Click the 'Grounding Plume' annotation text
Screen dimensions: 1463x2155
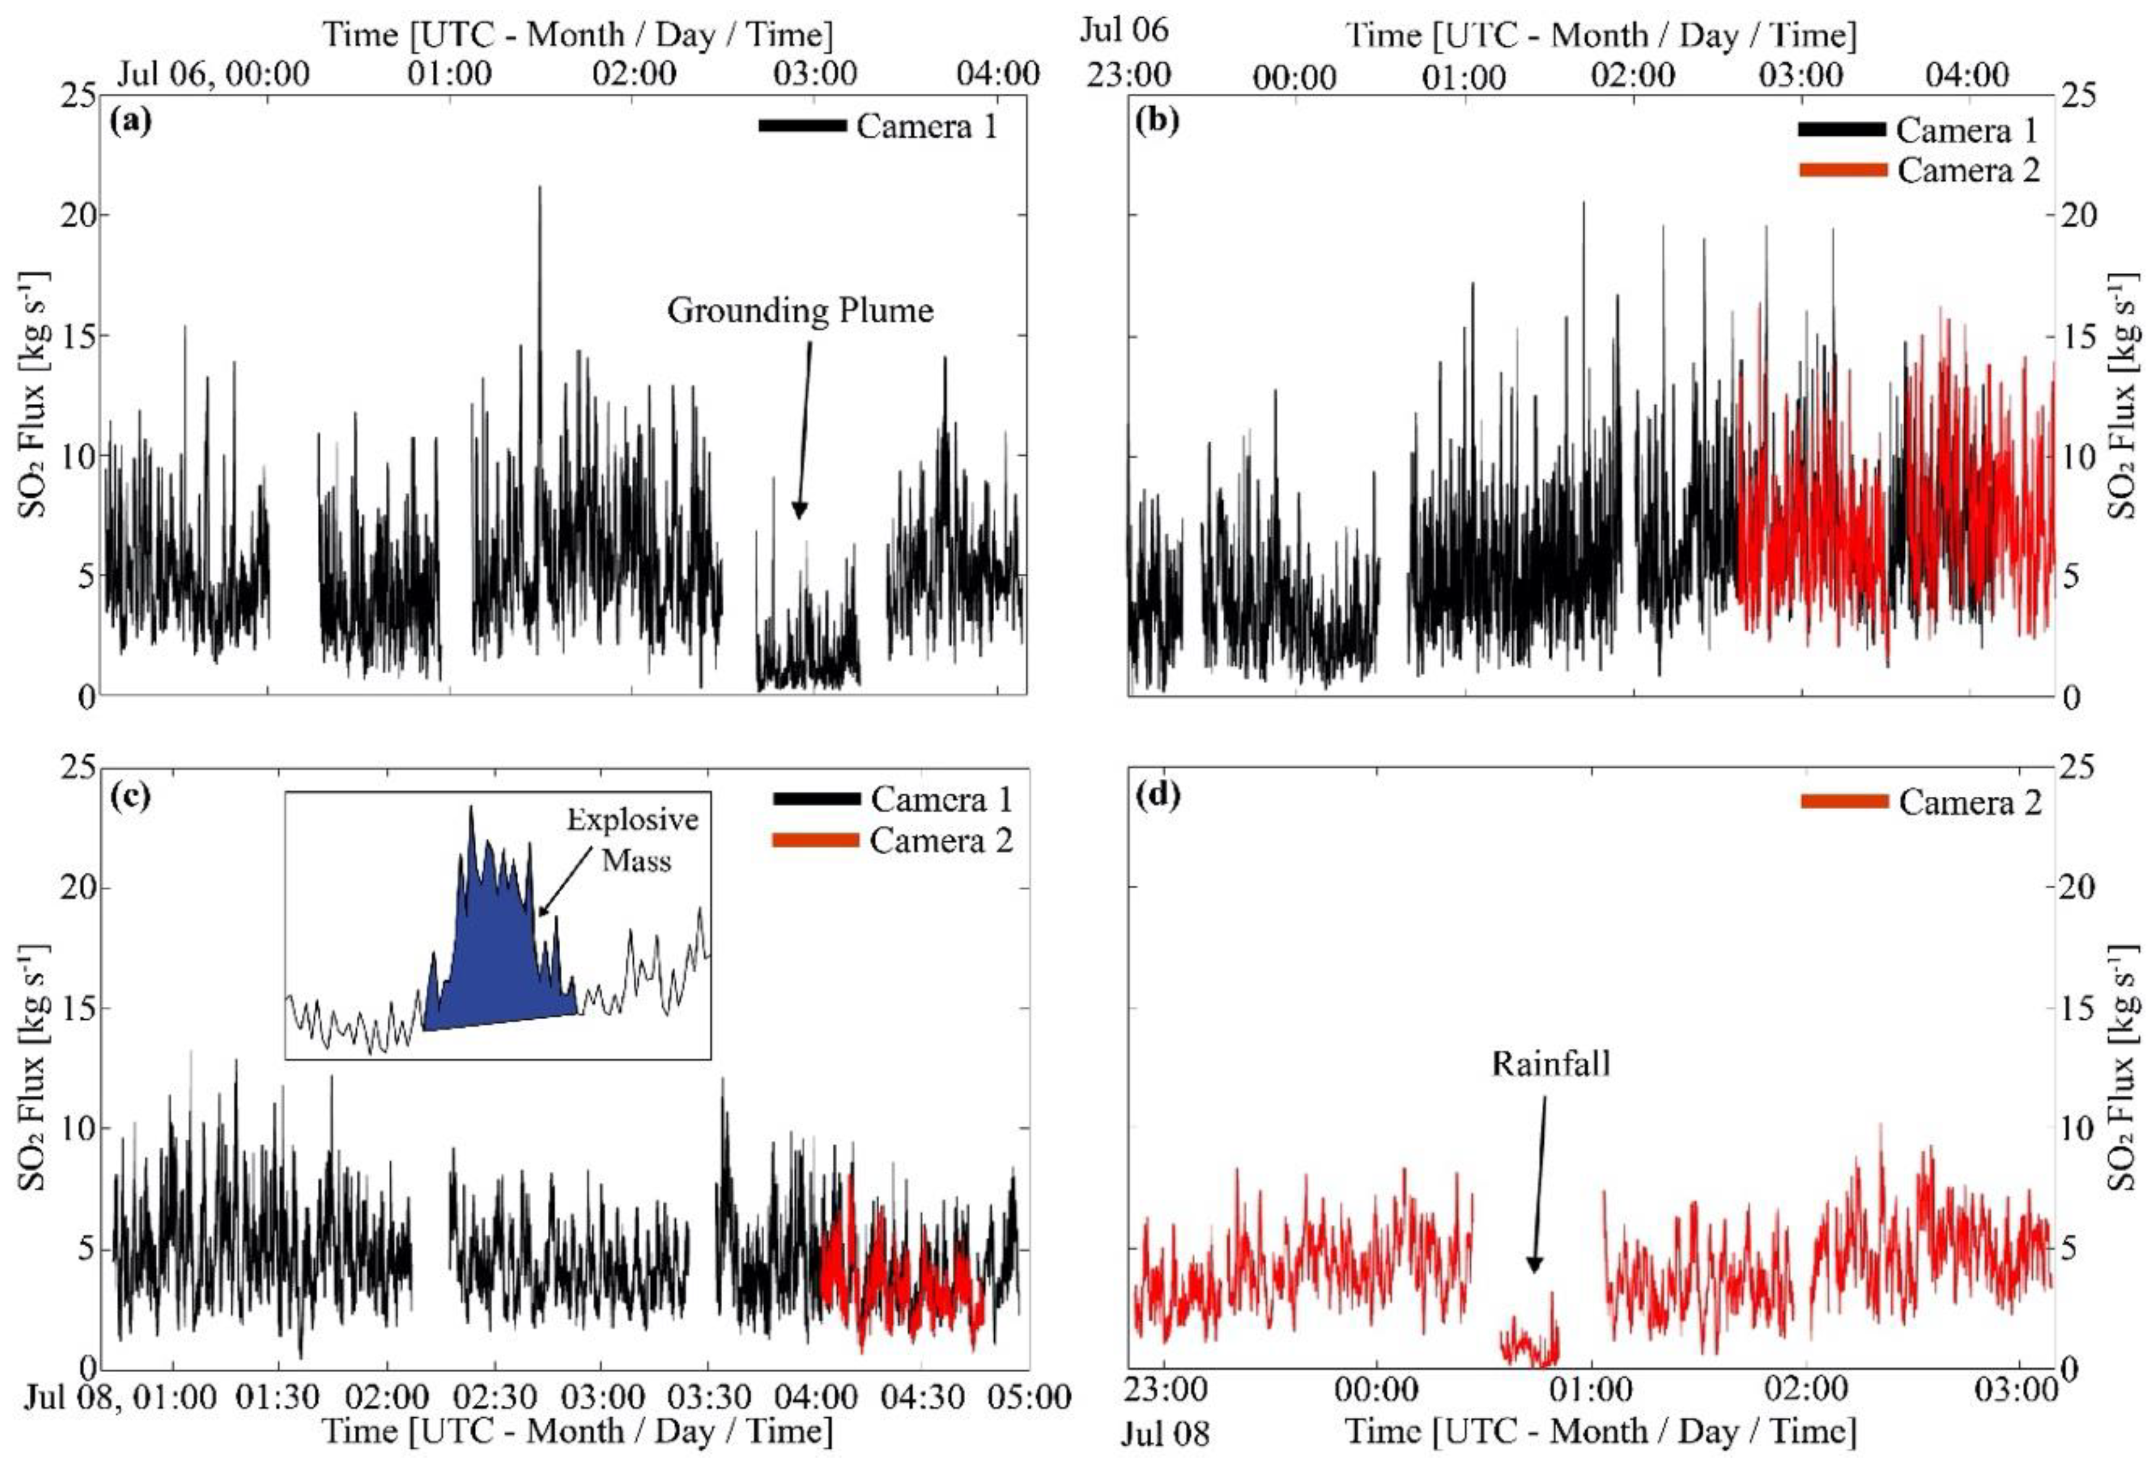coord(799,311)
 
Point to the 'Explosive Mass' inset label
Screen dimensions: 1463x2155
coord(633,839)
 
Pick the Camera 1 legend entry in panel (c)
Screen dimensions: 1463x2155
coord(939,800)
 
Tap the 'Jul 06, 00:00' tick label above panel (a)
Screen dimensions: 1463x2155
coord(213,74)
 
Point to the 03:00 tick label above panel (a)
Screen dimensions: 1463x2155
coord(816,74)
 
